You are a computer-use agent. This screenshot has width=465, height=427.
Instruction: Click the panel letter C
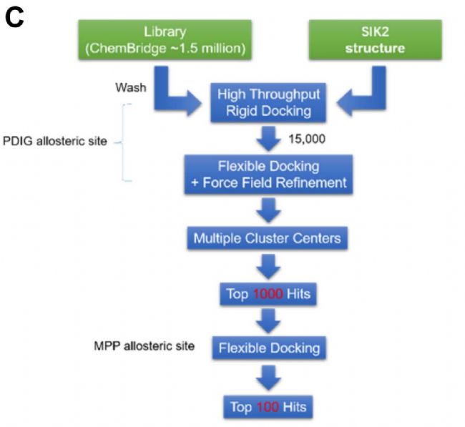click(14, 17)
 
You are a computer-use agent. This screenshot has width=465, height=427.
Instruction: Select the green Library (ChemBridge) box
click(165, 40)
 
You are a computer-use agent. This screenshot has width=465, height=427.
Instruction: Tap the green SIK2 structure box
click(375, 40)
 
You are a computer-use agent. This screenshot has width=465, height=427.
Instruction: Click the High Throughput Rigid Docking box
click(268, 102)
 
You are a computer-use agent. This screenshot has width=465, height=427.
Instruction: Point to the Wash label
click(131, 87)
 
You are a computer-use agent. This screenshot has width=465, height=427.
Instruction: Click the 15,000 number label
click(307, 139)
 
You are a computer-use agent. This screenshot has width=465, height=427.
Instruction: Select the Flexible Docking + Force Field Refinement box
click(268, 175)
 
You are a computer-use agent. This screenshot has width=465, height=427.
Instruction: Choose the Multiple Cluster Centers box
click(268, 238)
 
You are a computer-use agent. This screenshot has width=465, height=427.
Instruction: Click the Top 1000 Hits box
click(268, 294)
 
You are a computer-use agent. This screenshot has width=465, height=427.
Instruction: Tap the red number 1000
click(268, 294)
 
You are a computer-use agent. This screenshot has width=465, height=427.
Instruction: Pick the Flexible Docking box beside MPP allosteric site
click(269, 348)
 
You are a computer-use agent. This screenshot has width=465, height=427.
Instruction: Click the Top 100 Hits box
click(268, 407)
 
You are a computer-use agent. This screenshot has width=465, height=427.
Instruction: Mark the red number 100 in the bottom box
click(268, 407)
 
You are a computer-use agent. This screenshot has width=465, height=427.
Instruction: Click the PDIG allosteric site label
click(55, 141)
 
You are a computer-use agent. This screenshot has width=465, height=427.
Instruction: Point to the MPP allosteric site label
click(144, 346)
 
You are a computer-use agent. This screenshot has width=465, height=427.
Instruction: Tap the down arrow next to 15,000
click(268, 139)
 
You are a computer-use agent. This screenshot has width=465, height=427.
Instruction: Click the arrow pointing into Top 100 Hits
click(268, 378)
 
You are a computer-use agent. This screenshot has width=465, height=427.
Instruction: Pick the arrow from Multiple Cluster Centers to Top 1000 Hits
click(268, 267)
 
